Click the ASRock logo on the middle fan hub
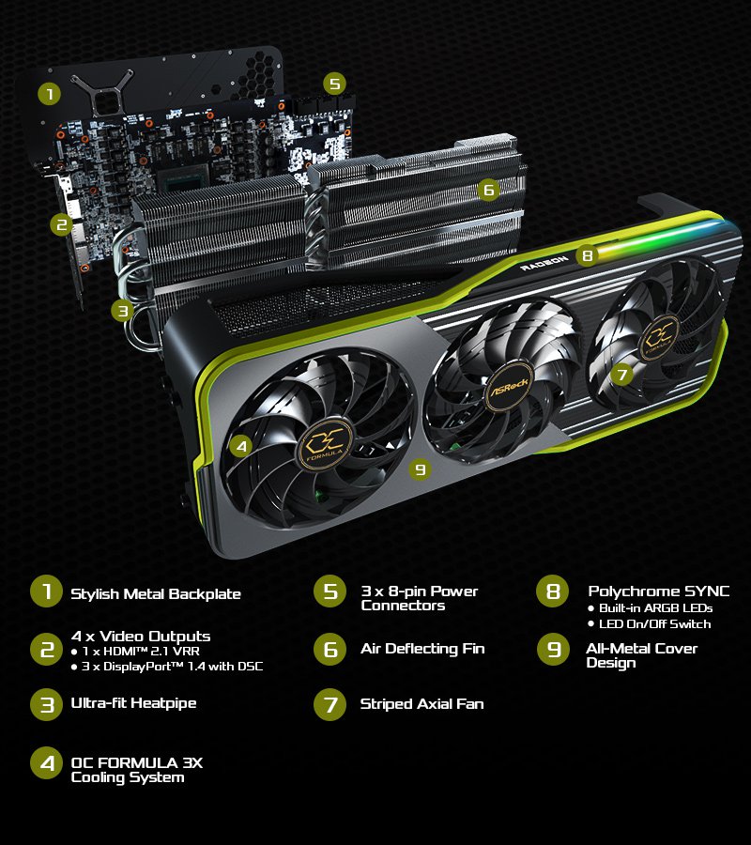click(508, 387)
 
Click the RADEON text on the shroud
click(544, 263)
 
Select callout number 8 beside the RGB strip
click(588, 254)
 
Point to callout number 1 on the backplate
click(49, 94)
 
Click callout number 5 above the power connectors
click(334, 84)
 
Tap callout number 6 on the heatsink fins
click(489, 190)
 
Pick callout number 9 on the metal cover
click(421, 469)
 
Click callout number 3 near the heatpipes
click(123, 311)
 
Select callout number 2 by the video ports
click(61, 224)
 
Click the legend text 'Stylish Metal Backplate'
click(156, 594)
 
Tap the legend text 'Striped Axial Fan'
click(421, 704)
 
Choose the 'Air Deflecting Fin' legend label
click(422, 648)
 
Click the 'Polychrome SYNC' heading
click(658, 591)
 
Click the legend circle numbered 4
click(47, 762)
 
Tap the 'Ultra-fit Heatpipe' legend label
click(133, 703)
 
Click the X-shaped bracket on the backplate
click(102, 93)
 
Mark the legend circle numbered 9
click(553, 650)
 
